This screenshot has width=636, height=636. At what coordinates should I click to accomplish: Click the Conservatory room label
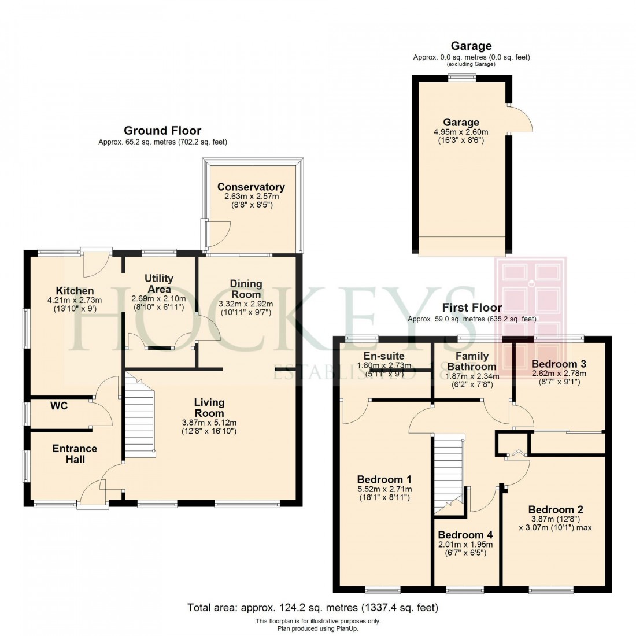(x=251, y=187)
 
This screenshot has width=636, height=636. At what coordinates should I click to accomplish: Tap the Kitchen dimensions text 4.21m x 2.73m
(x=75, y=300)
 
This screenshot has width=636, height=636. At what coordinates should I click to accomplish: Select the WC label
(x=59, y=406)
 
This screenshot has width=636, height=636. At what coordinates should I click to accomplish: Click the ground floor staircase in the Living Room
(x=140, y=412)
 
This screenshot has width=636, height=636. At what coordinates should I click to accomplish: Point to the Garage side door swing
(x=521, y=120)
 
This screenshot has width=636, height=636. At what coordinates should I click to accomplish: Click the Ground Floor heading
(x=162, y=131)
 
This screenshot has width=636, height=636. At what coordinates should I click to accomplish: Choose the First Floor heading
(x=472, y=308)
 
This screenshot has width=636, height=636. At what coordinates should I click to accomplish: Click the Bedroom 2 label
(x=555, y=509)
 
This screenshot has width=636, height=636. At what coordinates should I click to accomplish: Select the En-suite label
(x=383, y=356)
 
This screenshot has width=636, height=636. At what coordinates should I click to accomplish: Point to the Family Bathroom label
(x=472, y=361)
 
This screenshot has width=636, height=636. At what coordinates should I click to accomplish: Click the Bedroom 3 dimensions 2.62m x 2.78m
(x=559, y=374)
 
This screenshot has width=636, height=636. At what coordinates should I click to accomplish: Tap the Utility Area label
(x=159, y=284)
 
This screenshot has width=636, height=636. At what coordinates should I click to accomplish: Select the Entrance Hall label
(x=75, y=454)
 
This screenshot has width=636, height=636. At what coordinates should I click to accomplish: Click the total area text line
(x=313, y=608)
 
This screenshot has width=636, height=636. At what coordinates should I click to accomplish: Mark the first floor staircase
(x=449, y=471)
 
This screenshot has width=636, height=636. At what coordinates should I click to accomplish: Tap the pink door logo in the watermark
(x=530, y=301)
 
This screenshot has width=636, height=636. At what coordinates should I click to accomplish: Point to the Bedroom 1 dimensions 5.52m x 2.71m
(x=384, y=489)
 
